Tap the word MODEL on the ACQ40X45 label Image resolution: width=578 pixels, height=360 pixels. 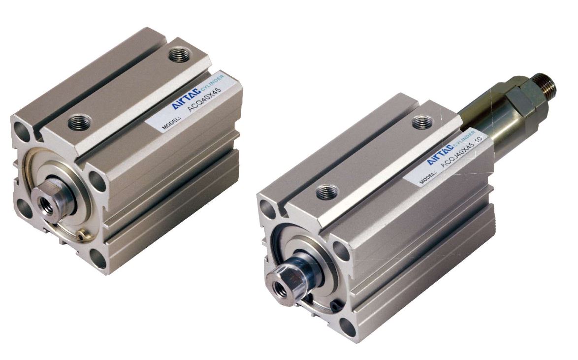click(169, 124)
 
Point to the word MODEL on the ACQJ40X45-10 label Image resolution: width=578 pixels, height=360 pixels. click(427, 176)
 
